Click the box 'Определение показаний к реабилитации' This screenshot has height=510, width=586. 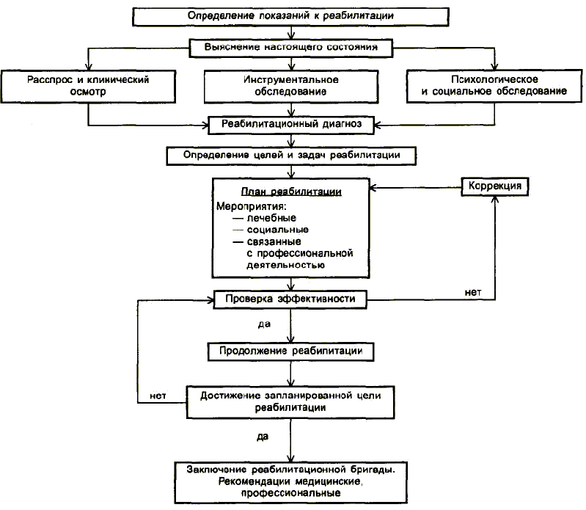coord(290,16)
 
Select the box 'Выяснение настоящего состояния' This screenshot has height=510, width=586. coord(290,48)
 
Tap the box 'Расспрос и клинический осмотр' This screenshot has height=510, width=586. coord(88,86)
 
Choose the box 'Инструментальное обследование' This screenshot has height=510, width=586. coord(291,87)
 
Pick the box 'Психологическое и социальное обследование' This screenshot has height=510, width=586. coord(494,86)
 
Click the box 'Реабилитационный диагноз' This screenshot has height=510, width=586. coord(291,125)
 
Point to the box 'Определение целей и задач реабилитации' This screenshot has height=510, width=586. coord(291,156)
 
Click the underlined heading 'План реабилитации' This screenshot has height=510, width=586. coord(291,192)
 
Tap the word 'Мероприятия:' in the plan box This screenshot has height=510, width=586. coord(251,206)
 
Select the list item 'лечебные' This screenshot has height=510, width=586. coord(271,218)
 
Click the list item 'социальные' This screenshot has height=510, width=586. coord(278,230)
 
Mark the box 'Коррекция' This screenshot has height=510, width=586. coord(495,186)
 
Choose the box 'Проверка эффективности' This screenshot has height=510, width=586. coord(290,299)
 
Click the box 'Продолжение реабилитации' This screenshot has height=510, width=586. coord(290,351)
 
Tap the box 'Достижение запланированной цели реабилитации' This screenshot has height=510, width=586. coord(290,402)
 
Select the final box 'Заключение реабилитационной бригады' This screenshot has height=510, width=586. coord(290,482)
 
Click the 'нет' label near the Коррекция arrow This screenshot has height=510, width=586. coord(473,292)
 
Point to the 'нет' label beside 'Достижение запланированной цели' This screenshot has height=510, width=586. coord(158,396)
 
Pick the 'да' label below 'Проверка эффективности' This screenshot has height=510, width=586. coord(264,324)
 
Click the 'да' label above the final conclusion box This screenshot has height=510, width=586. coord(263,437)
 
